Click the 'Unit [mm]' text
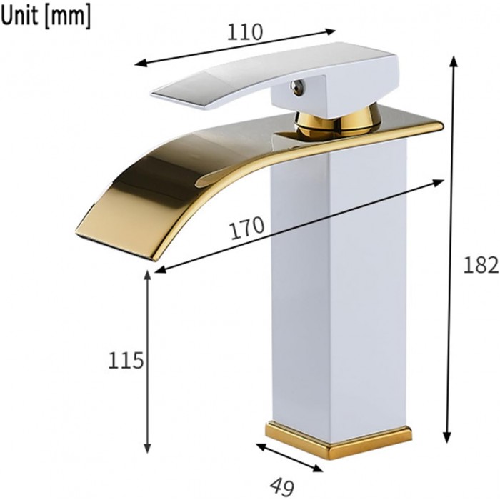pos(46,16)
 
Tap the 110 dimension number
pos(245,32)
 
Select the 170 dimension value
pos(247,228)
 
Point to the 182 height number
pos(481,265)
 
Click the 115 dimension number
pos(126,360)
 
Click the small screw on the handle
pos(297,86)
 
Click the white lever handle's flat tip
pos(179,99)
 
